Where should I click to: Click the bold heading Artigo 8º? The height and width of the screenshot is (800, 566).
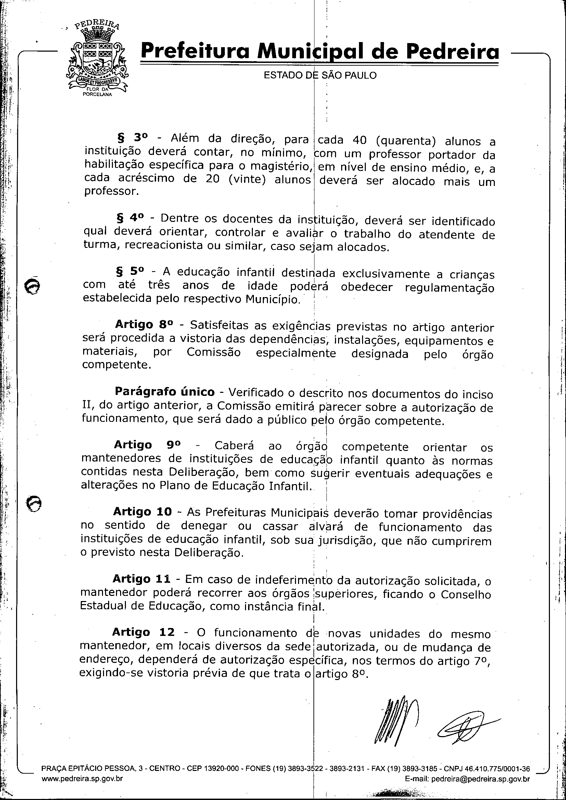144,325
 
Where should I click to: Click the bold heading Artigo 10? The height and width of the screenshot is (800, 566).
142,511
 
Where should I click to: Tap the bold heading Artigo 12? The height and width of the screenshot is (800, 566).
143,632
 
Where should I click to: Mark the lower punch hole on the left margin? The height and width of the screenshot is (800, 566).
35,504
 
